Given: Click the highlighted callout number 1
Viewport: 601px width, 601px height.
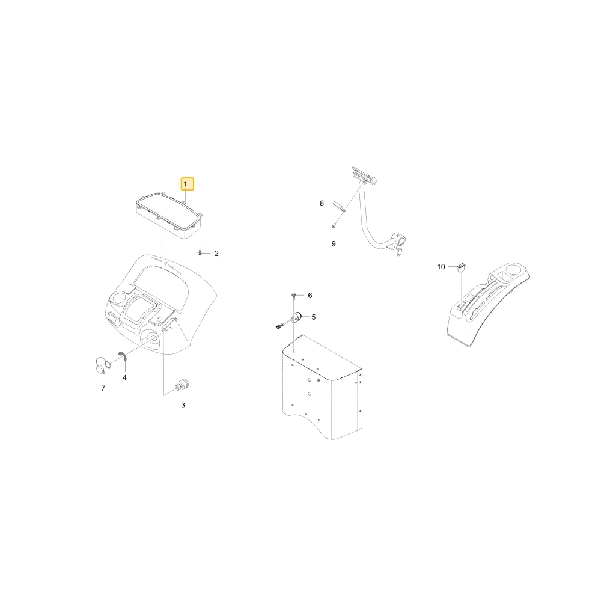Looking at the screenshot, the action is pos(188,184).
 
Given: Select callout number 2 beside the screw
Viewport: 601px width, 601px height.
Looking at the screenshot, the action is pos(216,254).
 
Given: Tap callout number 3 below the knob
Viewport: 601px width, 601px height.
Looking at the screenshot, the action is pos(183,405).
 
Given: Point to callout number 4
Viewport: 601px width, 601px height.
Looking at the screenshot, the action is pos(124,377).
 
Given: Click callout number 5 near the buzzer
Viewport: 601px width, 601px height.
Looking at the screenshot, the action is pos(314,317).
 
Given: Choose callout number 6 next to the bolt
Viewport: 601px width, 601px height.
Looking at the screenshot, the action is pos(310,295).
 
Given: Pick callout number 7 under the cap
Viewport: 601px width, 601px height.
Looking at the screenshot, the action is pos(103,388).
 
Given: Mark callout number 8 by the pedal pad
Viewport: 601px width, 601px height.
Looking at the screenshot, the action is pos(322,203).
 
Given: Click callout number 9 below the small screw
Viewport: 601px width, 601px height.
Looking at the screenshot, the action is pos(334,244).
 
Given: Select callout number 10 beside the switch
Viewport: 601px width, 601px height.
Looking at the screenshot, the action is pos(441,267).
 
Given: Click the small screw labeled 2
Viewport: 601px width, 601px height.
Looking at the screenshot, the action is pos(200,253).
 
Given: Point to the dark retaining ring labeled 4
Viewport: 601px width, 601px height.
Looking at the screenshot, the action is pos(123,356).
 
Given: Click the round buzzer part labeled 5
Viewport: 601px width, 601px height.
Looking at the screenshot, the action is pos(298,317).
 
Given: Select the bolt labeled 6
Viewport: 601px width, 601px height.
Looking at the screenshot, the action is pos(294,296).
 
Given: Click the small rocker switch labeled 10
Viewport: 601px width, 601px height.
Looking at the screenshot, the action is pos(461,267).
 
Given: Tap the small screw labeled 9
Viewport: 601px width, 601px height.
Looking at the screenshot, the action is pos(334,227).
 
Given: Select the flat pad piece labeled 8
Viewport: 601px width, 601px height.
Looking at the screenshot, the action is pos(340,206).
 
